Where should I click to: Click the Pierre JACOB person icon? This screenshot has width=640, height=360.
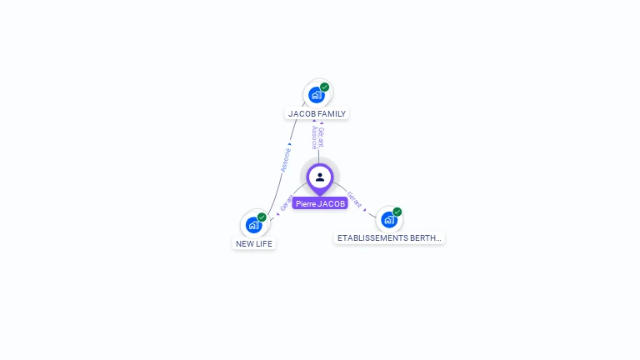point(320,177)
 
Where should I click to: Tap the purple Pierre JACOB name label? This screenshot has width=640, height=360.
point(320,203)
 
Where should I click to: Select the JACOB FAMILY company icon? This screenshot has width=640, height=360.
point(317,95)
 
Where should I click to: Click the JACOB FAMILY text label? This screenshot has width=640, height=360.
point(317,113)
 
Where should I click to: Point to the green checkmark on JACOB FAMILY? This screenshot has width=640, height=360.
point(325,87)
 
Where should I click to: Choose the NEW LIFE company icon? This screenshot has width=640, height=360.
point(253,225)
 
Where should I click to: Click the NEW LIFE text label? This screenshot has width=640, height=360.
point(254,244)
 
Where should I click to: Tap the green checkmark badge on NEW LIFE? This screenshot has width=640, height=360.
point(262,217)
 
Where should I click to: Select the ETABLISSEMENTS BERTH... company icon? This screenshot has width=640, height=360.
point(388,220)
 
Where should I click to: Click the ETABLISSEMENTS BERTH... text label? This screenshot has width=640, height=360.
point(389,237)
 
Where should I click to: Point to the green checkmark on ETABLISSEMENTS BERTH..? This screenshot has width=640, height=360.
point(397,212)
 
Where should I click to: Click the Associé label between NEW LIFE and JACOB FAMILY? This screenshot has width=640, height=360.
point(286,159)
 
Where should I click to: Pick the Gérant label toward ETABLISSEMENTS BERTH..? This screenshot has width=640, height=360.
point(354,200)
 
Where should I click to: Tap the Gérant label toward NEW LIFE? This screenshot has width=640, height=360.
point(286,203)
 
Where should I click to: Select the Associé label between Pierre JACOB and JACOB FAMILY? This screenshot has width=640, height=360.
point(314,137)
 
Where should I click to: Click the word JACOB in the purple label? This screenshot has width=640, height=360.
point(331,203)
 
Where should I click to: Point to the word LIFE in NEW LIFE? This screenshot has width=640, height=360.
point(263,244)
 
